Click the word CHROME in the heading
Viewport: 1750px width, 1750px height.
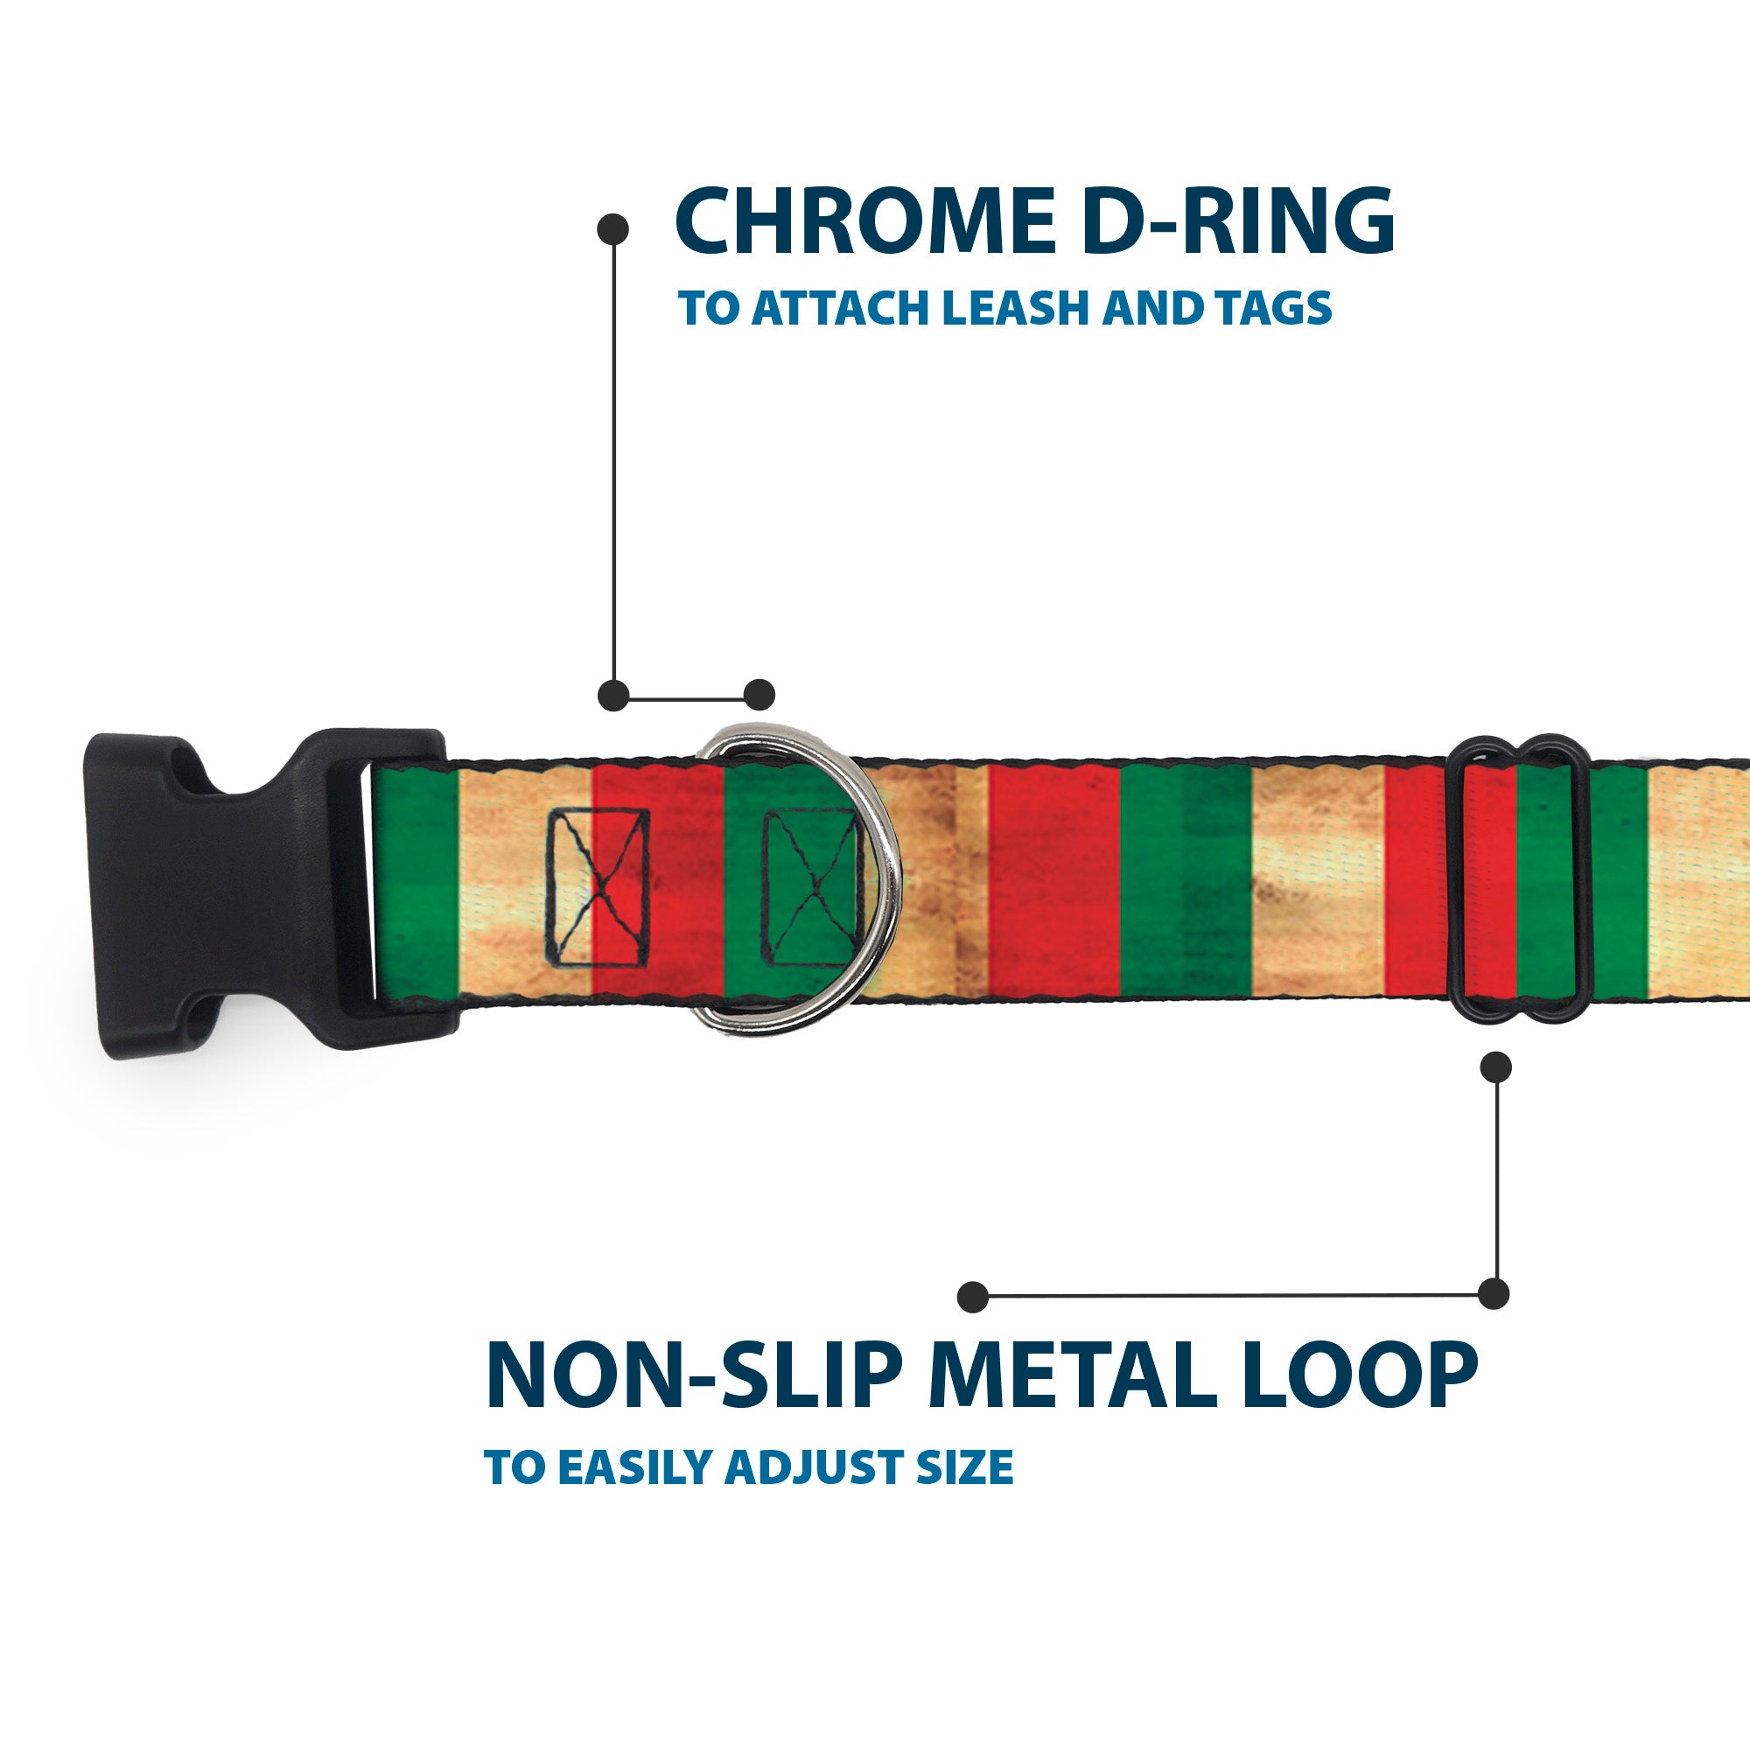(865, 222)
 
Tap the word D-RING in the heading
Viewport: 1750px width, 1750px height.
(1238, 222)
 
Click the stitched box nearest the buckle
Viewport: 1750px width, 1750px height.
(597, 887)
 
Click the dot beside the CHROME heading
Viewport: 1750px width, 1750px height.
(613, 229)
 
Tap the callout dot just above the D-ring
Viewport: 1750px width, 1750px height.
(759, 695)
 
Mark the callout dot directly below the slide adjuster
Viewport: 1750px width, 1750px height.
(1495, 1067)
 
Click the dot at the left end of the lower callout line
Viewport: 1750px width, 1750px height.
(973, 1296)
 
